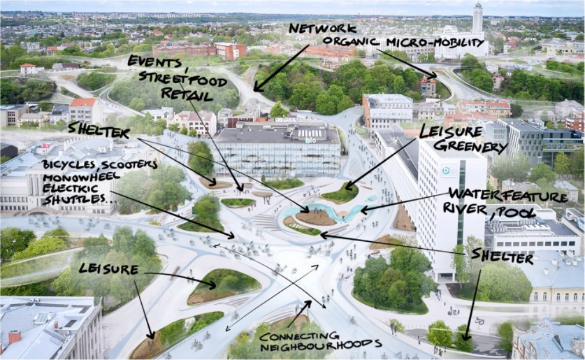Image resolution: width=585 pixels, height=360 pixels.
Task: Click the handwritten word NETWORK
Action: tap(322, 29)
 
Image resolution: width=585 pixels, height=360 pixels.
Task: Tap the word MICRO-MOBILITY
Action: tap(435, 43)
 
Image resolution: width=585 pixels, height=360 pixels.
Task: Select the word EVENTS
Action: tap(154, 62)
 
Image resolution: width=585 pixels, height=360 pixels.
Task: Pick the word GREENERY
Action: tap(470, 146)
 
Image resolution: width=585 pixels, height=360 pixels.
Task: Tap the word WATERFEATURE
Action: tap(508, 196)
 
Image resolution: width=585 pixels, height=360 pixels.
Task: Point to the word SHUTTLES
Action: tap(74, 199)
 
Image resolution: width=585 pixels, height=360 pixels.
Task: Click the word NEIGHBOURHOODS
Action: tap(321, 346)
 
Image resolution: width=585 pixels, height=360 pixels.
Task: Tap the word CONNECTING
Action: tap(299, 336)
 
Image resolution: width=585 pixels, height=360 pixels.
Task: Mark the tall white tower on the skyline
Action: tap(477, 19)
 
